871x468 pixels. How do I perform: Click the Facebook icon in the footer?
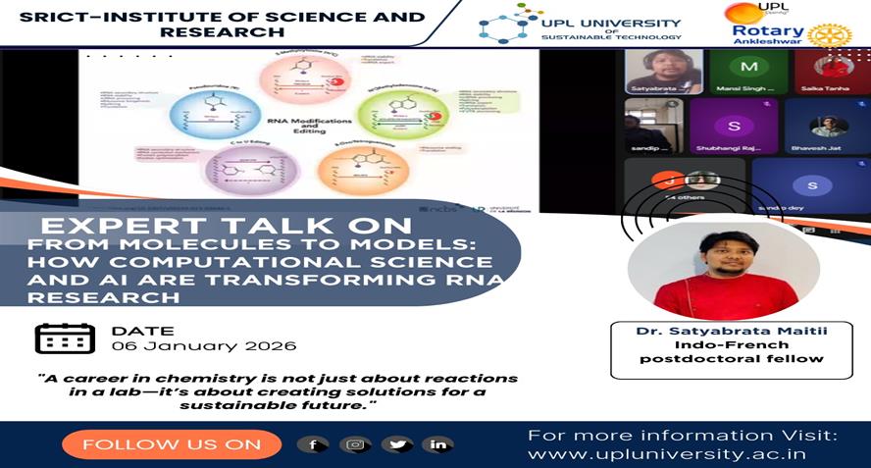click(313, 444)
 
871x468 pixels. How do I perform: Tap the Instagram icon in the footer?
click(355, 444)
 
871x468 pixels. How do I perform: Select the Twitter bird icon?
click(397, 444)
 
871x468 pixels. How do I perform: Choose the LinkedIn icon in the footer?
click(437, 444)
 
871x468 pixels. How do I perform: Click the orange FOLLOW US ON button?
click(172, 444)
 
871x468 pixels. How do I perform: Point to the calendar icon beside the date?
click(65, 338)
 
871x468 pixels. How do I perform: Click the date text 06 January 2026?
click(204, 346)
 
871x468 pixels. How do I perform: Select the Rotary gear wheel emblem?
click(829, 35)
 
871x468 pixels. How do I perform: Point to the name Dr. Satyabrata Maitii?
click(731, 331)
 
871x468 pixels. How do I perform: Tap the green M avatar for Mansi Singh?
click(749, 66)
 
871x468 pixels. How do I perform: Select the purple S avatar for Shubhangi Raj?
click(733, 126)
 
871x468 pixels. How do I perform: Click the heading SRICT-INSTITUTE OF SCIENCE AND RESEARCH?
click(223, 25)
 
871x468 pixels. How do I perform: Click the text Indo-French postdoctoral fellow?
click(731, 351)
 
